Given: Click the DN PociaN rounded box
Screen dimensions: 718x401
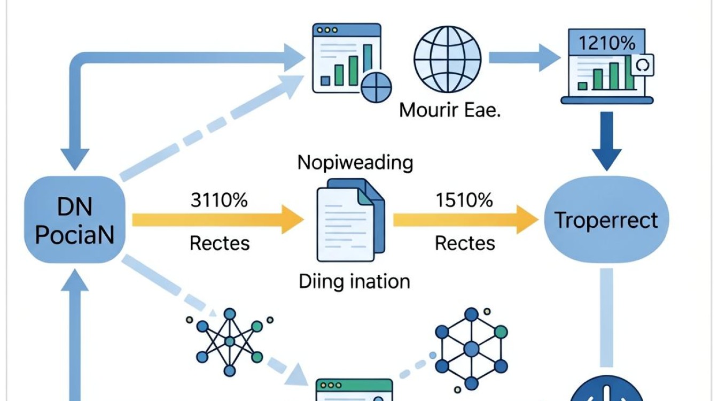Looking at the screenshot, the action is (75, 219).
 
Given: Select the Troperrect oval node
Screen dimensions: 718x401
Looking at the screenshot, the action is (606, 219).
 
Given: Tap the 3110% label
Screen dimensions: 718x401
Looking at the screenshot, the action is (219, 200).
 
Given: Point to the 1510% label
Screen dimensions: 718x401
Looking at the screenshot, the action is (464, 200).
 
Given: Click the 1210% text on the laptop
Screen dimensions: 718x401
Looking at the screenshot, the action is (607, 43).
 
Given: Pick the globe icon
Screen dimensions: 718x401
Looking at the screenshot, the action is (448, 59).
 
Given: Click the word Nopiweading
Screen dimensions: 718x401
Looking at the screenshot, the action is (355, 163).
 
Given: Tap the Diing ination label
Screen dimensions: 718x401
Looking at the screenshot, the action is (354, 282).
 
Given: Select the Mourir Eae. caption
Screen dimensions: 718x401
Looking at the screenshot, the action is (449, 110).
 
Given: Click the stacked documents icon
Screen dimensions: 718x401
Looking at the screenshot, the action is (350, 220).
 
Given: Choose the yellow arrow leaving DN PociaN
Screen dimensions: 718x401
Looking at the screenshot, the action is (218, 220).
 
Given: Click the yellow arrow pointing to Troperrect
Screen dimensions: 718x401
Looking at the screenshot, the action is (466, 220).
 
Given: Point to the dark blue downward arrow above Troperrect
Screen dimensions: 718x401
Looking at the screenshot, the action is (606, 141).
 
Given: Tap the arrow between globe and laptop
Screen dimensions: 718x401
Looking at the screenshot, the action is (525, 58).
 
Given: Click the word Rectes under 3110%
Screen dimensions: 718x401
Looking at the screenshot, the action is (220, 243).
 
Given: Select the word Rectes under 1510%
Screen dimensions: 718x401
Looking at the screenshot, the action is (465, 243).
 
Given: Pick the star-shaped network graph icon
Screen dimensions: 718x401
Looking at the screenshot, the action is (230, 342).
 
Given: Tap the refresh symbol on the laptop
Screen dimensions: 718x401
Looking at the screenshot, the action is (643, 65).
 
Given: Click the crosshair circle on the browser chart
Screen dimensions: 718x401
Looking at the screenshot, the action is (376, 87).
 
